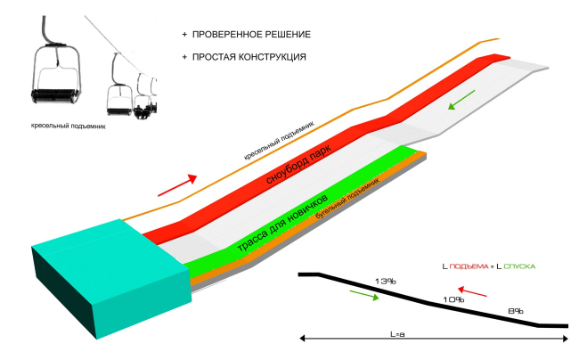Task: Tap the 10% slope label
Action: pyautogui.click(x=453, y=300)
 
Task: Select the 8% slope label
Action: pyautogui.click(x=515, y=311)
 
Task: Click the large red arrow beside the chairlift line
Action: pyautogui.click(x=175, y=184)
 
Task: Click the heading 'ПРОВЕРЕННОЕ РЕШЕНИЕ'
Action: pyautogui.click(x=250, y=34)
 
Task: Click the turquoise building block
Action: pyautogui.click(x=108, y=275)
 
